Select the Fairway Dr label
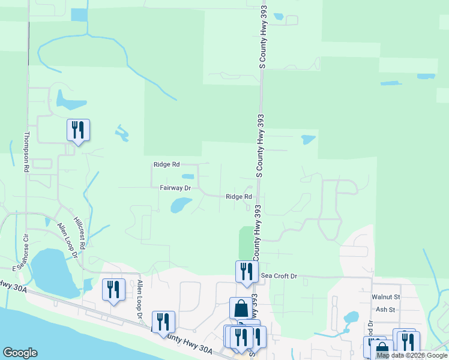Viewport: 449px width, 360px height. click(175, 188)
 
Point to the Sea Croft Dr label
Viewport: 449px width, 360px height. click(279, 276)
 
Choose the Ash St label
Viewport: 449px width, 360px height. click(385, 310)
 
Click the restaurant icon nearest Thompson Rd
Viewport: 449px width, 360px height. click(78, 130)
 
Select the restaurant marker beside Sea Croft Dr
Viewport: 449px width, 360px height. click(246, 272)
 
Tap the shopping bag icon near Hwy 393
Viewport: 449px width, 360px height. click(241, 308)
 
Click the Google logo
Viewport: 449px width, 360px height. click(20, 353)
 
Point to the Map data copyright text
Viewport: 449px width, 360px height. click(412, 356)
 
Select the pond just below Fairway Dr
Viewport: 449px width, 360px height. click(180, 206)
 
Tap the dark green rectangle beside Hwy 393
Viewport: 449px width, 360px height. click(246, 242)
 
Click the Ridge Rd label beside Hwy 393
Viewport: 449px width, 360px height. click(238, 197)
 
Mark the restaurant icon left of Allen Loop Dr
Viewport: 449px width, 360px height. click(113, 289)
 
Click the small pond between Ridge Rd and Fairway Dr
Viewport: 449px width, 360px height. click(188, 176)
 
